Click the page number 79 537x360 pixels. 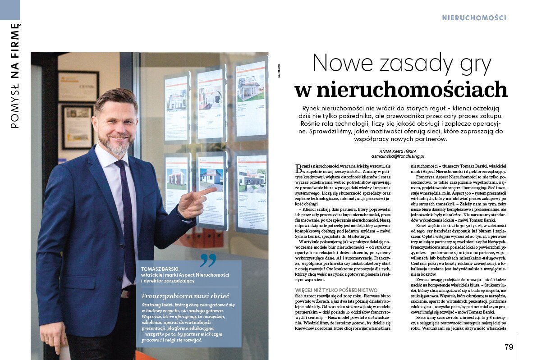coord(509,347)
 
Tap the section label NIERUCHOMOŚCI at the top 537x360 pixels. coord(474,18)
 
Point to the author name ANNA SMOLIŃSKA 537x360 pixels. coord(398,151)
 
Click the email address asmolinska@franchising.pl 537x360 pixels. coord(398,156)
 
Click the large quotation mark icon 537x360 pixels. coord(208,260)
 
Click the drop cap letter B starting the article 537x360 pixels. coord(298,169)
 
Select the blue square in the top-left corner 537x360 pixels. coord(10,9)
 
